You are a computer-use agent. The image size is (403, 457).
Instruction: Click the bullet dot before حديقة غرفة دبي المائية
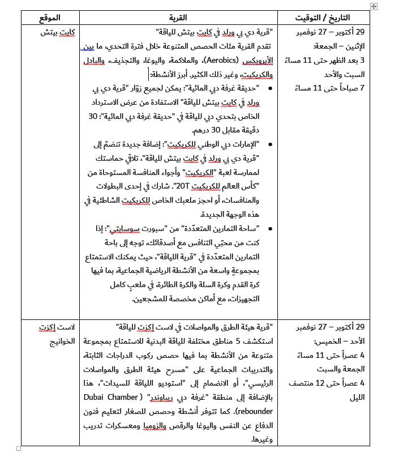click(x=268, y=88)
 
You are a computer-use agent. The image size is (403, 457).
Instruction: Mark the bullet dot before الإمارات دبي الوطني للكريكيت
click(x=268, y=144)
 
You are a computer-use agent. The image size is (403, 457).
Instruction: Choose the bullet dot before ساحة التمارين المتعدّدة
click(x=268, y=229)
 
